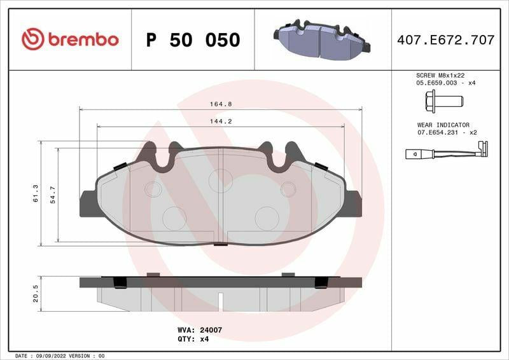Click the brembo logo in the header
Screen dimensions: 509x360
pos(70,39)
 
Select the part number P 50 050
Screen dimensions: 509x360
pos(193,40)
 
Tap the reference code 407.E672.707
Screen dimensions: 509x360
pos(446,40)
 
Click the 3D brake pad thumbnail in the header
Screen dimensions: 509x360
pos(322,40)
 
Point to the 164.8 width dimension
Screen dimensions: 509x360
pos(221,104)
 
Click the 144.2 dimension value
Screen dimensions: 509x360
pos(221,121)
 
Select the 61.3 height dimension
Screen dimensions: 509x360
pos(36,193)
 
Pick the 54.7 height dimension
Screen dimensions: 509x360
pos(53,195)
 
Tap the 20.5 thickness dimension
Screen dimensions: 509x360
pos(36,294)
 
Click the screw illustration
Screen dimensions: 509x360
pos(444,102)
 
